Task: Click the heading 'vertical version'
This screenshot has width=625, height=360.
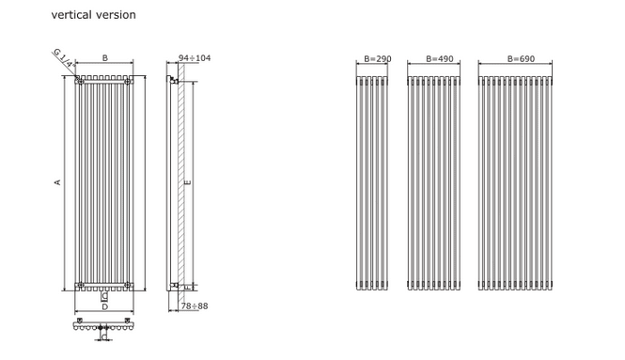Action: click(94, 15)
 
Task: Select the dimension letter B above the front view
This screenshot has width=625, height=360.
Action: click(105, 58)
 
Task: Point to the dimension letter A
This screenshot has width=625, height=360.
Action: click(57, 182)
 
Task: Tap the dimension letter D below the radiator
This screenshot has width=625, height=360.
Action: click(105, 307)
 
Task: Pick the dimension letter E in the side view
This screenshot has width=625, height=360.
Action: click(188, 182)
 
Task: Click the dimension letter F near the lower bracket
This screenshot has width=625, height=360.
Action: click(188, 287)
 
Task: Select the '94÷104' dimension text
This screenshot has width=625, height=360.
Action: click(195, 58)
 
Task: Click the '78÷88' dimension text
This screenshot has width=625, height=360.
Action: click(195, 305)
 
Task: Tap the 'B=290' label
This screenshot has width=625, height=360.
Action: click(378, 59)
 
